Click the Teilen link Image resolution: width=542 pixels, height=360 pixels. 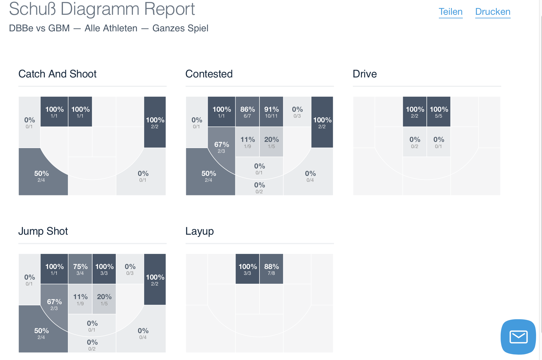[450, 12]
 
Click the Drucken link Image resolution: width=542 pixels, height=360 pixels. [493, 12]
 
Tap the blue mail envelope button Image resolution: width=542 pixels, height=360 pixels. [518, 337]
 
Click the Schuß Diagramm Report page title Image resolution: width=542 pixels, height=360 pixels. [102, 9]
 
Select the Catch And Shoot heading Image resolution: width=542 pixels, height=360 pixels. [57, 74]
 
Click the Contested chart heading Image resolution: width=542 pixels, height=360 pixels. [209, 74]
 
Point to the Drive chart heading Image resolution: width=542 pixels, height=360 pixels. [365, 74]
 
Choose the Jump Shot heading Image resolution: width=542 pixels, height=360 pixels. [43, 231]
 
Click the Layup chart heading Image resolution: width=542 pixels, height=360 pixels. [199, 231]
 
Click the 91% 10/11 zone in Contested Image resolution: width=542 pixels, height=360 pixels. [271, 112]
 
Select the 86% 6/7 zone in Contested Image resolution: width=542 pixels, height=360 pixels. [247, 112]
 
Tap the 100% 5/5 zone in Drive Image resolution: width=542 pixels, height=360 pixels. [439, 112]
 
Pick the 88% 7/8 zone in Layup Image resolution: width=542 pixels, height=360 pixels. [271, 269]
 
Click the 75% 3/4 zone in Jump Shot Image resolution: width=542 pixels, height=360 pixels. [80, 269]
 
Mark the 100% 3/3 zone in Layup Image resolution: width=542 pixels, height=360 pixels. [247, 269]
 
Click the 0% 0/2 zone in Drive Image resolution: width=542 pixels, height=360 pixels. [415, 142]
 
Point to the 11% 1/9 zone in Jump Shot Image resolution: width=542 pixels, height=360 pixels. [80, 299]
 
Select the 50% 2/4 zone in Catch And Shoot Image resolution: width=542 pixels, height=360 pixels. [41, 176]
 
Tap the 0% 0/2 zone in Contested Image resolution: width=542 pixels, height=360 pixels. [259, 188]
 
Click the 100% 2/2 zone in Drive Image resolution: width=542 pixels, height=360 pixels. [415, 112]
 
